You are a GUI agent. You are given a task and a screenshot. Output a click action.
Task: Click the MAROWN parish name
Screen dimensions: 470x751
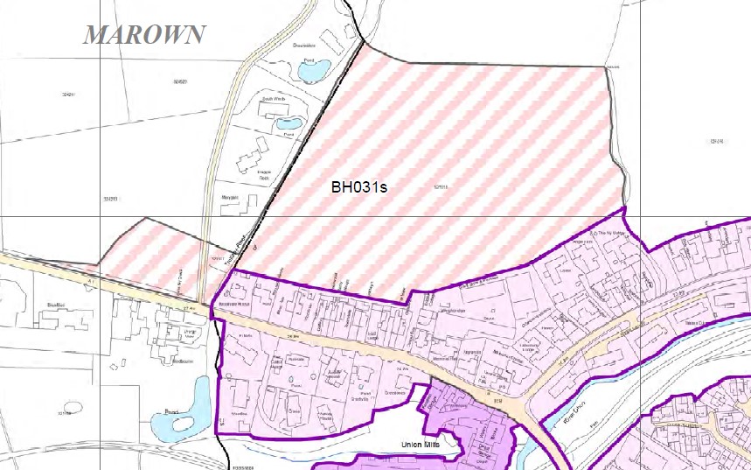144,35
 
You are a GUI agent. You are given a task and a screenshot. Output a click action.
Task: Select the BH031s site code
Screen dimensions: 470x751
359,186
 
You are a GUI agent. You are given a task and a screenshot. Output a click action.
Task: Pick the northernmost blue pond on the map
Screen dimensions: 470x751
314,68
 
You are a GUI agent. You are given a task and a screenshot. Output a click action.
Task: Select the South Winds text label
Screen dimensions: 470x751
274,99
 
